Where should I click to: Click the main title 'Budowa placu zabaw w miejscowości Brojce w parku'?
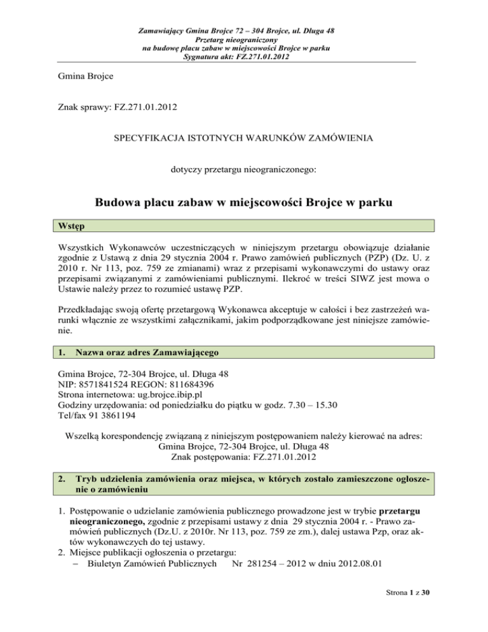point(244,205)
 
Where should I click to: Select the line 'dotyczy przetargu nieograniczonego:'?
point(244,171)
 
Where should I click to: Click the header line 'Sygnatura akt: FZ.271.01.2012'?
point(244,57)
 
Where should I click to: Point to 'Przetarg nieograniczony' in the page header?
point(244,39)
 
